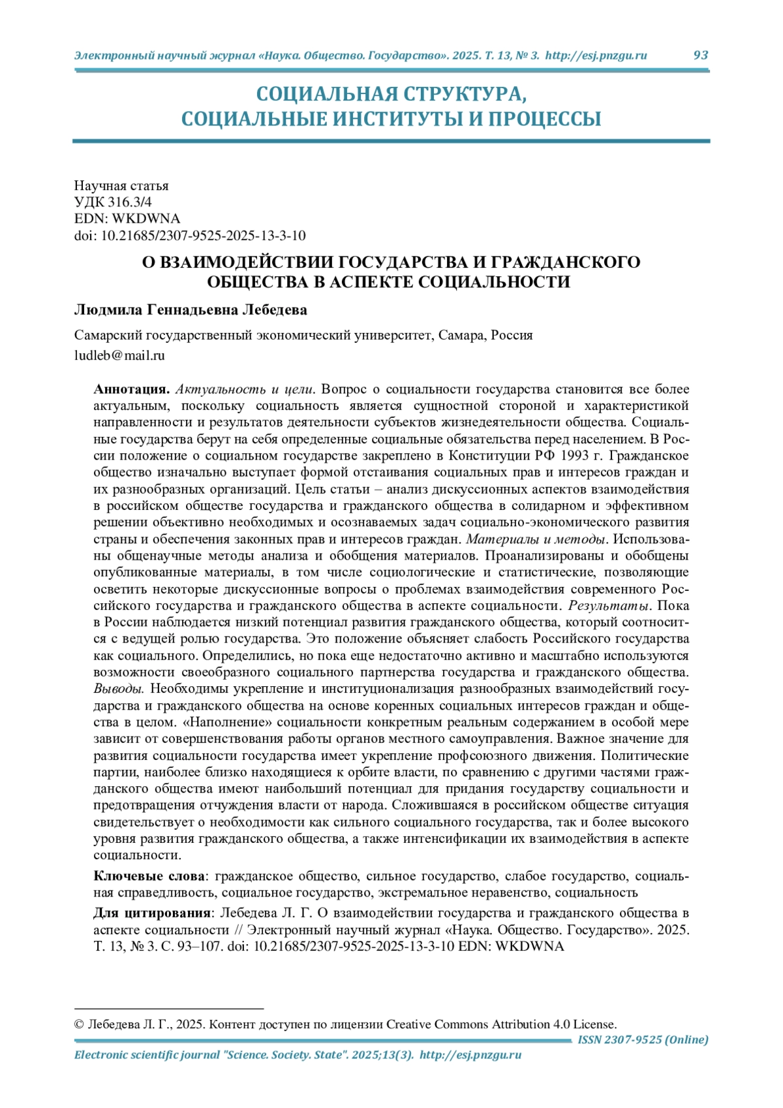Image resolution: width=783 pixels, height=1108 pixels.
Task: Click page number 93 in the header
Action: (x=700, y=55)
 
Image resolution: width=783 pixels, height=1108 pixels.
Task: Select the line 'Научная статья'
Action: (x=121, y=186)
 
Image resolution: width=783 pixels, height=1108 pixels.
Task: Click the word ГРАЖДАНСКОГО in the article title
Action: (x=565, y=262)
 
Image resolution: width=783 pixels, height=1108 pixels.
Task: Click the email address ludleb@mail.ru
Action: (x=119, y=356)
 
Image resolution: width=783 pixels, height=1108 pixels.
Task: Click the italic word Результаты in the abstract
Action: (x=608, y=606)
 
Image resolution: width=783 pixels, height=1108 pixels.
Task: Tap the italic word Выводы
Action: (x=118, y=689)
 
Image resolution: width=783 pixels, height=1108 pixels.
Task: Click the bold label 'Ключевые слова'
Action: (x=149, y=876)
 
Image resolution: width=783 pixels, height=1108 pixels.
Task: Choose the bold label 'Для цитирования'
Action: (x=152, y=913)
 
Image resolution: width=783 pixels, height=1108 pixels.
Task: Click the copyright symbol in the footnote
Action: (x=80, y=1024)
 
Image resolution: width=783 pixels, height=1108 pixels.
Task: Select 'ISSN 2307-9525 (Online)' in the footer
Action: (x=643, y=1039)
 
